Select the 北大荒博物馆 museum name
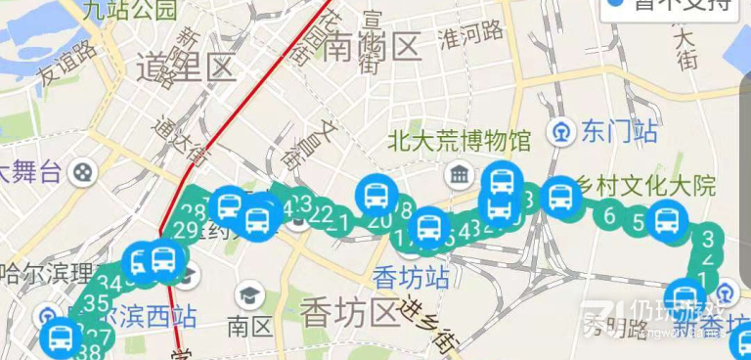click(x=458, y=140)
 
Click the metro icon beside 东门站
click(x=561, y=130)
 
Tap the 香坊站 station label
click(x=412, y=277)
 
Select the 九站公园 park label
click(x=130, y=11)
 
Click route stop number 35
click(x=95, y=303)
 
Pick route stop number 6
click(x=609, y=216)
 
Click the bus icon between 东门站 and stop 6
click(x=560, y=198)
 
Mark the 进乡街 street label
click(x=430, y=323)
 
